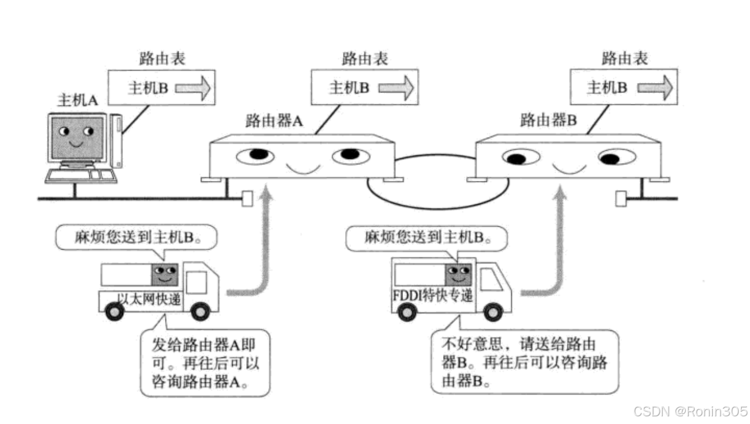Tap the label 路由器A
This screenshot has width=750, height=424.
[274, 121]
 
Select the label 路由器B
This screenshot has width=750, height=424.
[548, 121]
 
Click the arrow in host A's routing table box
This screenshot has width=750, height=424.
[192, 88]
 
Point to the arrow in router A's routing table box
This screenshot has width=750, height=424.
[397, 88]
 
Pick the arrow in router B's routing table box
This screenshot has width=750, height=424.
[654, 88]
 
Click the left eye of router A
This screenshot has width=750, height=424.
[255, 155]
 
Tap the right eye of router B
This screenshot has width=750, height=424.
[617, 157]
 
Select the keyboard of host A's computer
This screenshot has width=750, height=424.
[74, 175]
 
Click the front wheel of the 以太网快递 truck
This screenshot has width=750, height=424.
[201, 312]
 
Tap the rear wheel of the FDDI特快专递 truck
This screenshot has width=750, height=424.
[407, 312]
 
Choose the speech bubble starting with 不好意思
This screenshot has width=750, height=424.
[524, 362]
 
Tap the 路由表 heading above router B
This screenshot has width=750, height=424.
[624, 59]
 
